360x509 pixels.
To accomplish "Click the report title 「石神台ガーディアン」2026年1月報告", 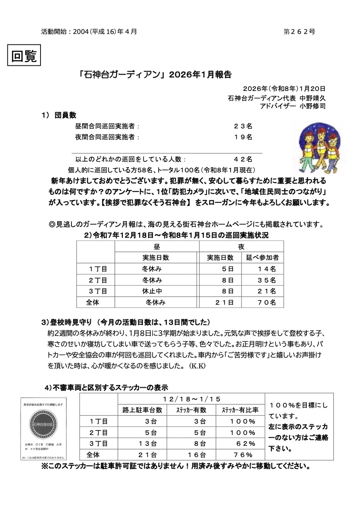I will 156,74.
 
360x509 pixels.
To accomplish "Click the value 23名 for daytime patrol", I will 243,126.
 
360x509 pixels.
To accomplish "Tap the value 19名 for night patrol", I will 243,137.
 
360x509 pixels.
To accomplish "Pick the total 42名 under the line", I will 243,159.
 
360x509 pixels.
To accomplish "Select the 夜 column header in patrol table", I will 241,246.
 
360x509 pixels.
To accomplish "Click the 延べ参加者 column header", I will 262,257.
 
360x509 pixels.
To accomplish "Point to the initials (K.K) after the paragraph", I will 197,364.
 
